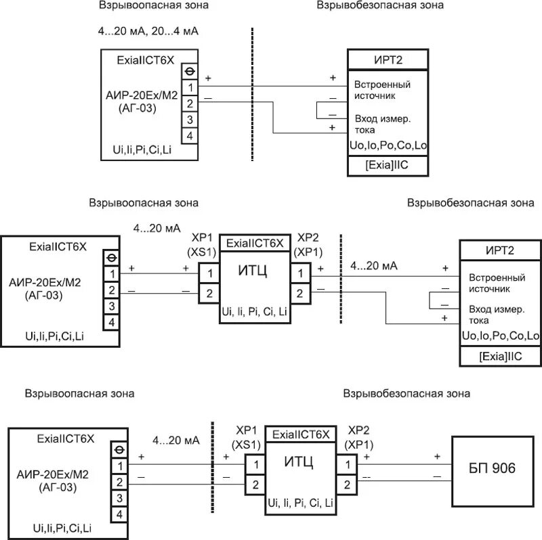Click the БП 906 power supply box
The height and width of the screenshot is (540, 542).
point(493,471)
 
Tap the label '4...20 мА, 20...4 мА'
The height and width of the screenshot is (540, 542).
point(148,31)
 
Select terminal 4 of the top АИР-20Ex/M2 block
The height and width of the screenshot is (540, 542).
point(190,136)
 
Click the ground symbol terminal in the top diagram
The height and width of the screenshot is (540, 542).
point(190,72)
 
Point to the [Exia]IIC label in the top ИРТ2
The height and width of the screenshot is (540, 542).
point(387,165)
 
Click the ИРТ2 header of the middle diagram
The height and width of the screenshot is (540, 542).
point(500,250)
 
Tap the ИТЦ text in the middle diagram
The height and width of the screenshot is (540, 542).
point(253,271)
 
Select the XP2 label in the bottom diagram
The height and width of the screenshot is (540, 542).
point(358,430)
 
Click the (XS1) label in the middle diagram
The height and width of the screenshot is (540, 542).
point(201,252)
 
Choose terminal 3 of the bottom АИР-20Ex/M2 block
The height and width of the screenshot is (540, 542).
point(119,498)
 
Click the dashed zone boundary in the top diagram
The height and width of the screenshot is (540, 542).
point(252,94)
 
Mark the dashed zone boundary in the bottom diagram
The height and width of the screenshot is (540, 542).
point(212,467)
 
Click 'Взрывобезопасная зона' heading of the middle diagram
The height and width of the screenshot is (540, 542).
point(470,203)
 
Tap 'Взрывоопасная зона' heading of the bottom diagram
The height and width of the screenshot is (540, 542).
point(79,394)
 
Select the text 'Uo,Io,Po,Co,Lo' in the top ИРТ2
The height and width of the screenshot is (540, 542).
point(388,145)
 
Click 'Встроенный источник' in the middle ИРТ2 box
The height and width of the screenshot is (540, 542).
point(497,283)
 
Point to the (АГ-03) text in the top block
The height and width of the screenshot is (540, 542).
point(138,108)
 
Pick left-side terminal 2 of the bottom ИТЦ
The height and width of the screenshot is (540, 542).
point(255,485)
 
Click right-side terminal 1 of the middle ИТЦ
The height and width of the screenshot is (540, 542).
point(300,273)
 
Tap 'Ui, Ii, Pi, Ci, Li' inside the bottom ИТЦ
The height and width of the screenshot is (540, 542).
point(300,503)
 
